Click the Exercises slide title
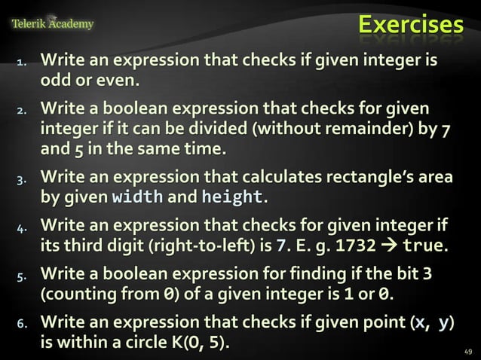click(x=410, y=25)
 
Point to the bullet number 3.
click(x=23, y=178)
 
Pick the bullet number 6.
click(x=23, y=324)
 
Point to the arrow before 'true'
click(x=392, y=246)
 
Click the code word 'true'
click(x=424, y=246)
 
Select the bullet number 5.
click(x=23, y=276)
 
